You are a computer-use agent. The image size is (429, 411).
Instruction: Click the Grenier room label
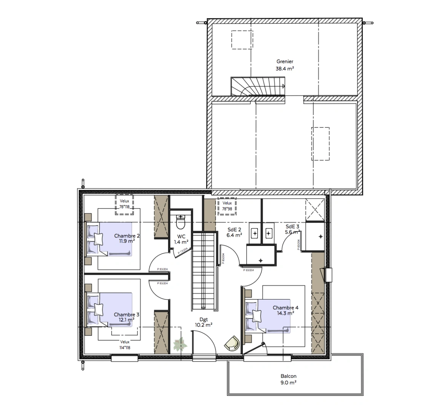(x=285, y=61)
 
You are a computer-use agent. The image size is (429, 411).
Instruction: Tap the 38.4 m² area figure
(x=285, y=69)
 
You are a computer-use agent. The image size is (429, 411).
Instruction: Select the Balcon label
(x=289, y=376)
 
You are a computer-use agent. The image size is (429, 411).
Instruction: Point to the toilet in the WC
(x=181, y=221)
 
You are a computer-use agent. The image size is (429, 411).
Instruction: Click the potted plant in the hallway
(x=180, y=344)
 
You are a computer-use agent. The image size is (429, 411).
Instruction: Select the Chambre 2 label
(x=127, y=236)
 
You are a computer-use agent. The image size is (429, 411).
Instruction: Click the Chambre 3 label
(x=126, y=315)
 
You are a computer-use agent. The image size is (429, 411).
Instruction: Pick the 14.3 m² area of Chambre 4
(x=285, y=313)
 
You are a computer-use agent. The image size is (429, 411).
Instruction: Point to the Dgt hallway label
(x=203, y=320)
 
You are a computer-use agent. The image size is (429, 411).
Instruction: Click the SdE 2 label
(x=234, y=229)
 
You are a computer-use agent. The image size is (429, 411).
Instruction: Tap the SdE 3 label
(x=293, y=226)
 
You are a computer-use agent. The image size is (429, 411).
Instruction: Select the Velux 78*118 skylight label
(x=124, y=204)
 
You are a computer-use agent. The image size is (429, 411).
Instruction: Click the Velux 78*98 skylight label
(x=227, y=206)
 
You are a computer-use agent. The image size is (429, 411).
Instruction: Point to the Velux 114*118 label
(x=125, y=345)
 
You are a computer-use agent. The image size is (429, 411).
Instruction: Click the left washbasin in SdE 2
(x=255, y=232)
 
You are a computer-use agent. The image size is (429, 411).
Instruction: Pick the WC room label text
(x=181, y=236)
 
